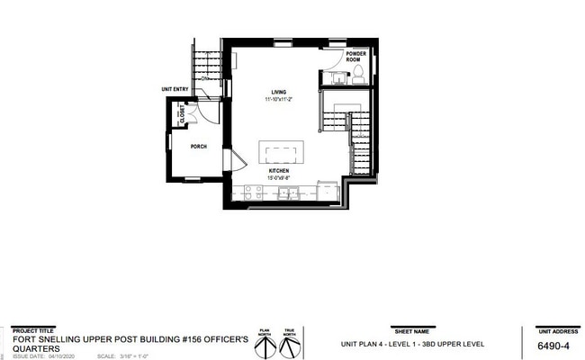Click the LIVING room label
279,90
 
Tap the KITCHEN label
279,170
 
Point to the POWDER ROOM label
357,56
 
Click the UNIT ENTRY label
175,89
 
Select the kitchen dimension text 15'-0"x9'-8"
279,177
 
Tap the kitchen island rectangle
281,150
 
